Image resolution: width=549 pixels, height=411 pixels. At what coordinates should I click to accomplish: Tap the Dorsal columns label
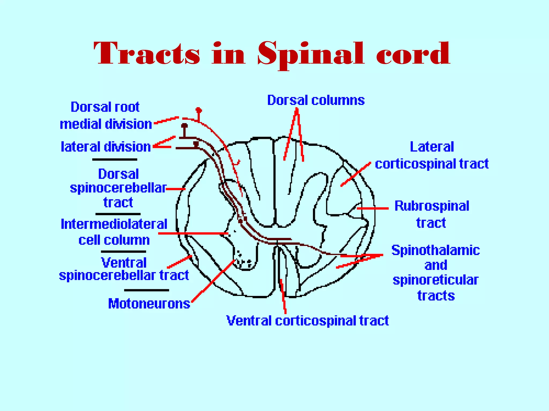pyautogui.click(x=316, y=100)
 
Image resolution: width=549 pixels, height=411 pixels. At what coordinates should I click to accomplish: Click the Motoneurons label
pyautogui.click(x=149, y=304)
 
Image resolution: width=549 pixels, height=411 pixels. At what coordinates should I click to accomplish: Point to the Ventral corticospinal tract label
pyautogui.click(x=307, y=320)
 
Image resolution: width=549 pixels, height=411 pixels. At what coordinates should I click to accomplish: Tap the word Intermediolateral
pyautogui.click(x=114, y=224)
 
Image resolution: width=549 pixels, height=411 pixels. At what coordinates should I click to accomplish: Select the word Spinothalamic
pyautogui.click(x=436, y=250)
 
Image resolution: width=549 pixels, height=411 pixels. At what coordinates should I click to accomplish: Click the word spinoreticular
pyautogui.click(x=436, y=280)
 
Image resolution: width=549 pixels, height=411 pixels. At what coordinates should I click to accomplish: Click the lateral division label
pyautogui.click(x=106, y=147)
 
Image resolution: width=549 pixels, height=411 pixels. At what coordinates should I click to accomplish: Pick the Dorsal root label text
pyautogui.click(x=105, y=107)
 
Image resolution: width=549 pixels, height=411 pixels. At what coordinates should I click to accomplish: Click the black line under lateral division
pyautogui.click(x=114, y=159)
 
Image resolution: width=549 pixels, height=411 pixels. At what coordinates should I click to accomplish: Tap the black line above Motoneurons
pyautogui.click(x=146, y=290)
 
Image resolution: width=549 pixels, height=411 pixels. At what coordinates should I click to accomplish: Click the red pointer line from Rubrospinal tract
pyautogui.click(x=373, y=208)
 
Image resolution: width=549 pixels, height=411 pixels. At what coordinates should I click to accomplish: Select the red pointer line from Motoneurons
pyautogui.click(x=213, y=281)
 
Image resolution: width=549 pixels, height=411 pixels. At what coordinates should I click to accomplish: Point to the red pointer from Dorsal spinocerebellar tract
pyautogui.click(x=176, y=189)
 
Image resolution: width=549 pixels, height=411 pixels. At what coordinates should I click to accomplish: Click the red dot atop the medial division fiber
pyautogui.click(x=198, y=110)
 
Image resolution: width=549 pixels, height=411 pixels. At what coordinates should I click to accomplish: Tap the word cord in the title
pyautogui.click(x=413, y=54)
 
